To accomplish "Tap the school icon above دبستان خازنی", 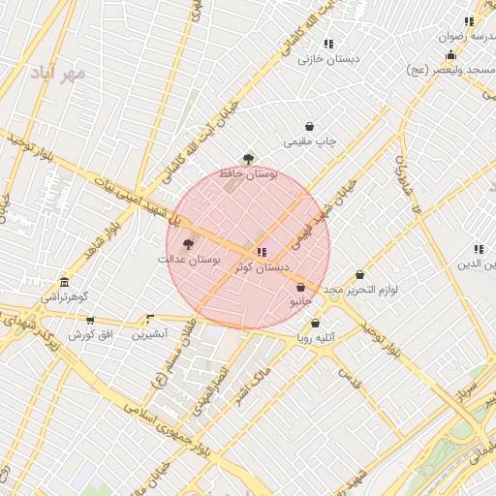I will click(x=328, y=44).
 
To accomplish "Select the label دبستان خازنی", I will click(x=328, y=58).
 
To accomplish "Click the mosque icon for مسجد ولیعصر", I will click(x=450, y=56).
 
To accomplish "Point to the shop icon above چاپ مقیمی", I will click(x=309, y=126).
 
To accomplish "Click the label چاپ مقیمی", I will click(x=310, y=141).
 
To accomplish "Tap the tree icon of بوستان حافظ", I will click(x=249, y=158).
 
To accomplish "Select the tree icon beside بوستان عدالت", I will click(x=187, y=244).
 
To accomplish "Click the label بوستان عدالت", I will click(x=190, y=260).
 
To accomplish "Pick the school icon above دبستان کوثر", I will click(x=261, y=251).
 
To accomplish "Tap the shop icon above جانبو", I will click(x=300, y=287).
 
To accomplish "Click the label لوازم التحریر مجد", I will click(x=360, y=290).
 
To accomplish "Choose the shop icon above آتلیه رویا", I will click(x=315, y=324).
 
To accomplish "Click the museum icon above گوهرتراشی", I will click(x=64, y=282).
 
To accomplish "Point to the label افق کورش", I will click(x=91, y=334).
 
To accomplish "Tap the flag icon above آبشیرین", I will click(x=149, y=319).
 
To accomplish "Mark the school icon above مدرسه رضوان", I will click(x=469, y=21).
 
